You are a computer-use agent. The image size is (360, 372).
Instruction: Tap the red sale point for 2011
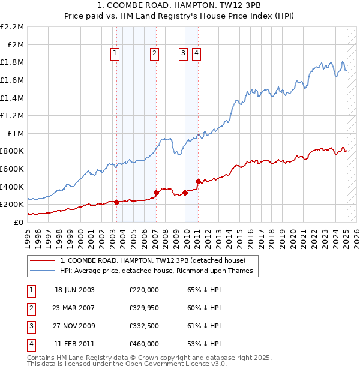tap(198, 181)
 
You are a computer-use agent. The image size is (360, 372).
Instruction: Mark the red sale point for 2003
tap(116, 202)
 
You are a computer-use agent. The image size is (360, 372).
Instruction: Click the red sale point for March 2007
tap(156, 193)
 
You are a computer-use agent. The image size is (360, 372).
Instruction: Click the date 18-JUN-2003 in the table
tap(74, 289)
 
